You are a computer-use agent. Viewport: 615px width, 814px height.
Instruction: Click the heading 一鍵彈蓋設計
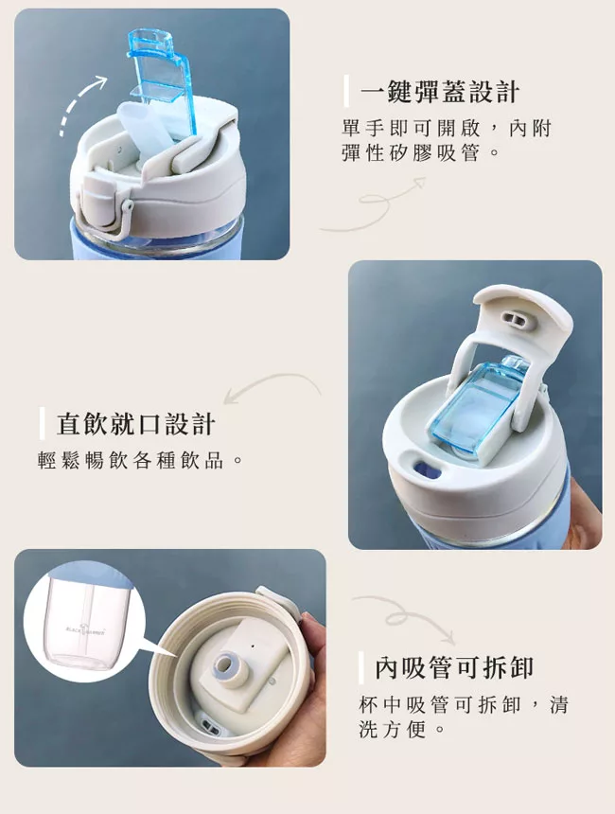pyautogui.click(x=440, y=92)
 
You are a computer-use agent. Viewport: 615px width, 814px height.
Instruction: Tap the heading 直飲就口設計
pyautogui.click(x=136, y=424)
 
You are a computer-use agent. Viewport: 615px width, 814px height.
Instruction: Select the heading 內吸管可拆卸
pyautogui.click(x=454, y=667)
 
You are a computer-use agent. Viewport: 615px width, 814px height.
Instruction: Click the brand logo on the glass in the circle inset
pyautogui.click(x=86, y=631)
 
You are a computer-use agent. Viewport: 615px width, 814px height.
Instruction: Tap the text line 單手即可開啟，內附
pyautogui.click(x=447, y=128)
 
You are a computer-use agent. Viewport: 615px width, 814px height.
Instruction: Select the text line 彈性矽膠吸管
pyautogui.click(x=420, y=153)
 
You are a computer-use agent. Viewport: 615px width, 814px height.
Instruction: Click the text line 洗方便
pyautogui.click(x=402, y=730)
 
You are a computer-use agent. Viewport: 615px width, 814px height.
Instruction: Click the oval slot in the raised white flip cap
pyautogui.click(x=516, y=319)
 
